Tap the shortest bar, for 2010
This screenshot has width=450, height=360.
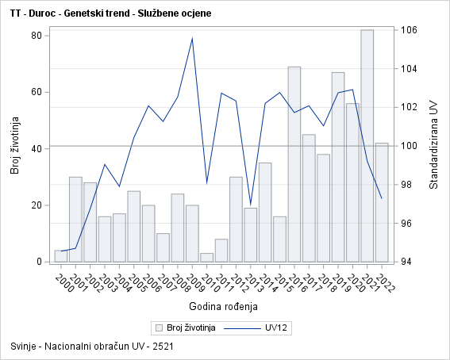coord(206,257)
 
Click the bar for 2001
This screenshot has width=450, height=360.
coord(75,219)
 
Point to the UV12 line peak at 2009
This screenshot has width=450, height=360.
coord(192,38)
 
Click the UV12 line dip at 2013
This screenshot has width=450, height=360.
coord(250,205)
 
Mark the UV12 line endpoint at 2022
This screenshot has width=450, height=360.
coord(382,198)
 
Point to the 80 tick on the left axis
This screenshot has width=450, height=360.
coord(37,36)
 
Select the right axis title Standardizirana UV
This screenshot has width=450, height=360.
coord(433,147)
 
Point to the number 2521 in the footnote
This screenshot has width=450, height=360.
coord(163,347)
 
